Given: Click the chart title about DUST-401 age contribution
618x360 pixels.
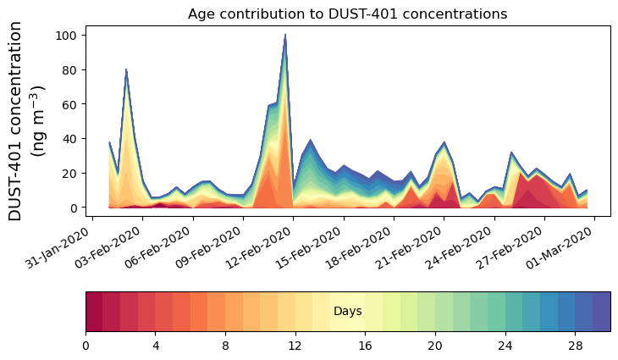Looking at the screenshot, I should (347, 14).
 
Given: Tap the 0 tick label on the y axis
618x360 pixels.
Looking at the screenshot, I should (74, 208).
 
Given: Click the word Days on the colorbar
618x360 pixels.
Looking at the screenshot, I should (348, 312).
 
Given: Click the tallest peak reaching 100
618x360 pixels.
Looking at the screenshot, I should (285, 36).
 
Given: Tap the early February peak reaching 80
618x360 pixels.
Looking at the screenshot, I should (126, 70).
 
